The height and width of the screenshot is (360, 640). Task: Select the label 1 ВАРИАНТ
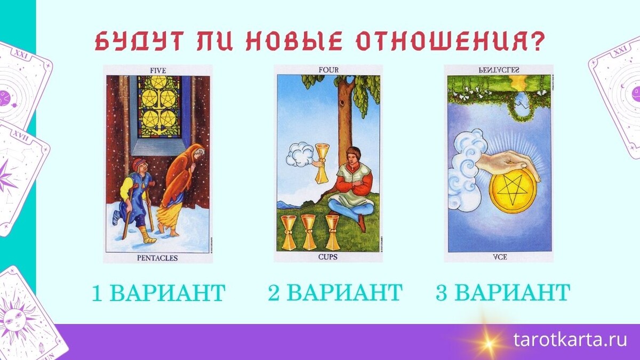pos(158,293)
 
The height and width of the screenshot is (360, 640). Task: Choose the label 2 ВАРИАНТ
pos(334,293)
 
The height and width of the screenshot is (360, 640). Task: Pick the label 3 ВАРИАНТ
pos(503,293)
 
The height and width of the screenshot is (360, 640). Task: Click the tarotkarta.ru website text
pos(570,340)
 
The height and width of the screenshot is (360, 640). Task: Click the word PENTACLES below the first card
pos(157,258)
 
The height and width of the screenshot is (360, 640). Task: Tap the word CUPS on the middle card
pos(328,257)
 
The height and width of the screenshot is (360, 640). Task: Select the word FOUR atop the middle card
pos(328,70)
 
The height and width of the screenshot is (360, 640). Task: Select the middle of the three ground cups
pos(308,231)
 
